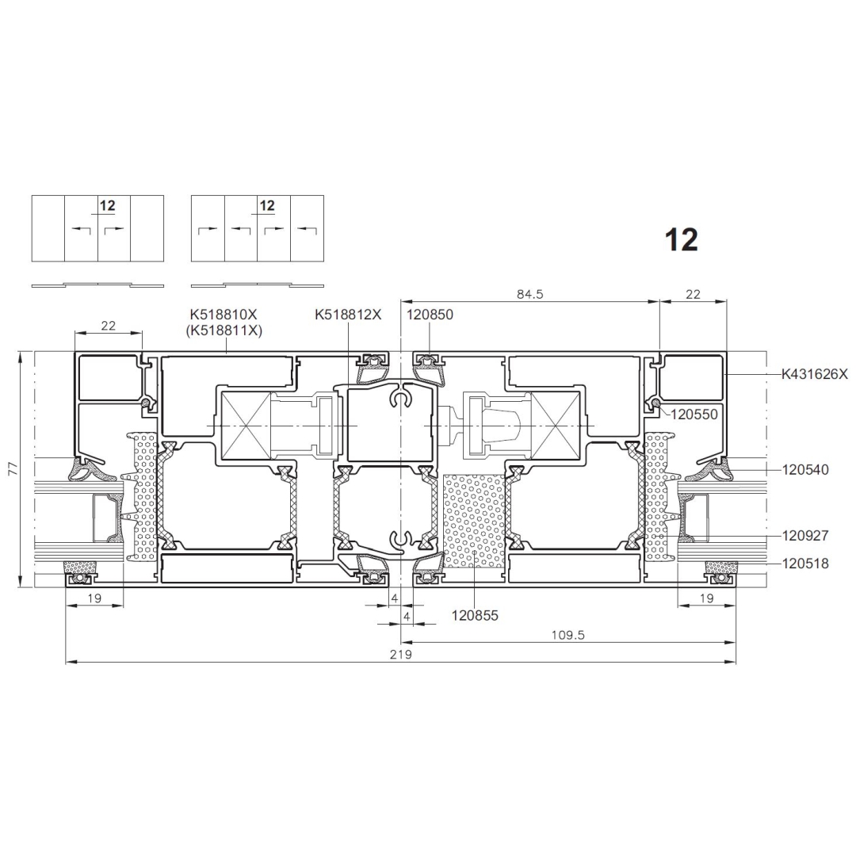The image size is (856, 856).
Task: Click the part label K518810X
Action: point(224,315)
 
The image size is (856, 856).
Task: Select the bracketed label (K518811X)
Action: point(224,331)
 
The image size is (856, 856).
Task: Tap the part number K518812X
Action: point(348,315)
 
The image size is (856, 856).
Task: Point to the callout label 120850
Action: point(430,315)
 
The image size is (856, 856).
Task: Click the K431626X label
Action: point(815,374)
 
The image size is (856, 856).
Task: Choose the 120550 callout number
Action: point(694,415)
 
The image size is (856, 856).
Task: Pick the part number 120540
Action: point(805,469)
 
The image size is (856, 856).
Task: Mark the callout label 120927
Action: point(805,536)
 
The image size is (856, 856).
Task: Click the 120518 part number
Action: point(805,564)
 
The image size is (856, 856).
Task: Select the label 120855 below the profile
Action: point(475,616)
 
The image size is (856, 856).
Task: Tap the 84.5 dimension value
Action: point(530,294)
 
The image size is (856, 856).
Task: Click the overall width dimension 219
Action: point(401,654)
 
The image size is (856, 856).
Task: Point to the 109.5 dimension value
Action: point(568,635)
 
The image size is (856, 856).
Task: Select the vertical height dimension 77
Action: point(13,469)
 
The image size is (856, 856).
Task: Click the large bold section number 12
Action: point(682,239)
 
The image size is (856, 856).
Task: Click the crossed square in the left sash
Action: point(245,426)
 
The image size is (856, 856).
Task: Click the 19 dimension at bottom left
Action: point(94,598)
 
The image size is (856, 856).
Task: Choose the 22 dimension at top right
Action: point(693,294)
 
